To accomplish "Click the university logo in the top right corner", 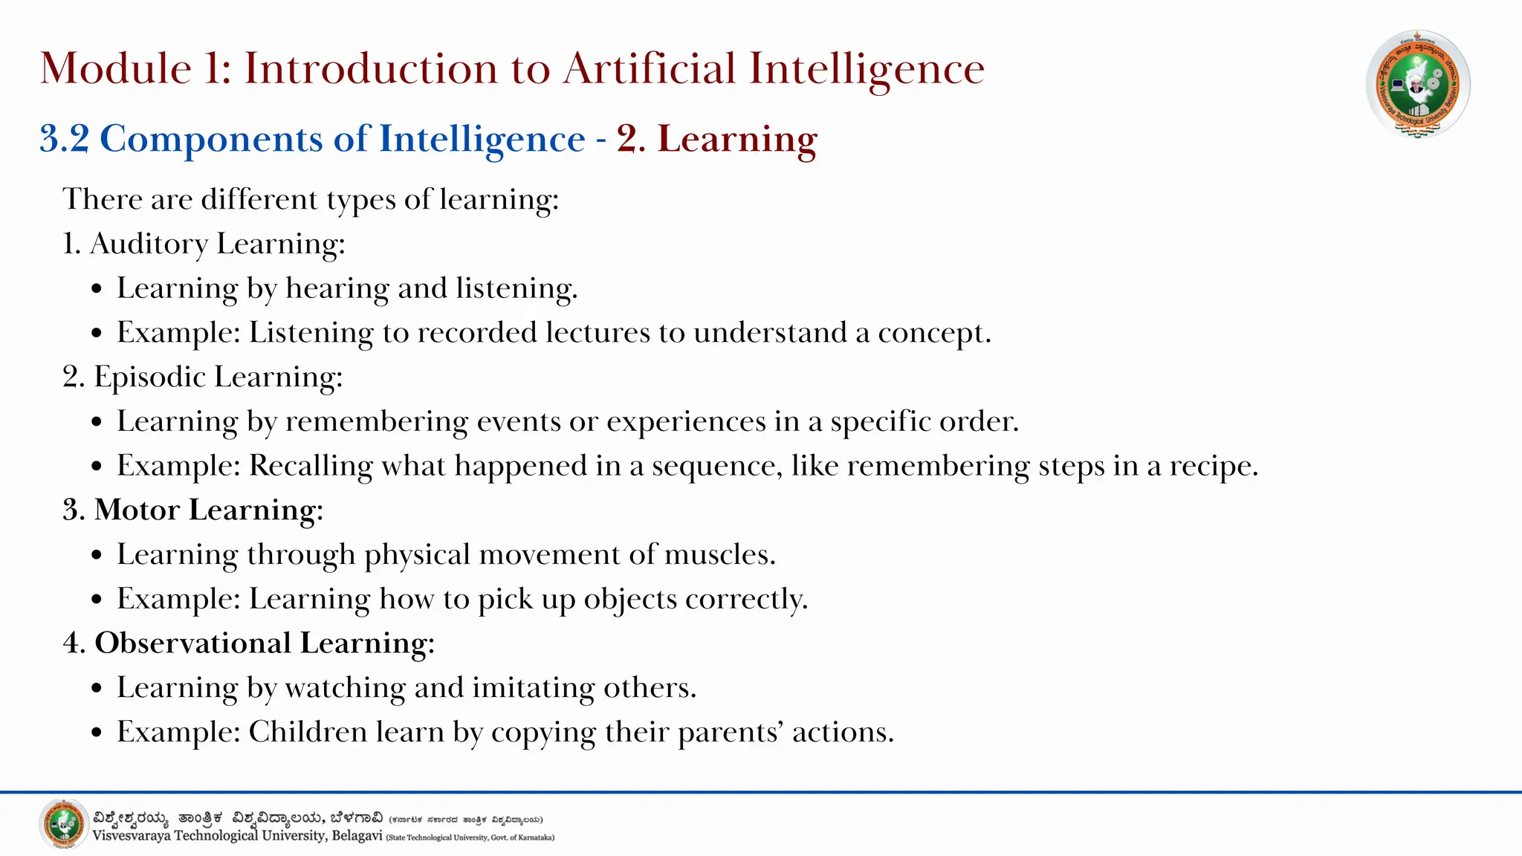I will click(1418, 84).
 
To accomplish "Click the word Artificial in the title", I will click(650, 68).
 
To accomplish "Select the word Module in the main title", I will click(116, 68).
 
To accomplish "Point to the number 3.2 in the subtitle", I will click(64, 139).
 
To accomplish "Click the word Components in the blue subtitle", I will click(232, 140).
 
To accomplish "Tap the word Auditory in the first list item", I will click(149, 244).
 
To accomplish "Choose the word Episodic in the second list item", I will click(149, 377).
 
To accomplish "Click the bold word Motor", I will click(137, 510).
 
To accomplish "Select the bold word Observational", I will click(192, 643).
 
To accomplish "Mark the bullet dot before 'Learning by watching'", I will click(97, 689).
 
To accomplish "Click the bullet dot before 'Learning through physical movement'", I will click(97, 556).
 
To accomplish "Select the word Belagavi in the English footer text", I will click(357, 836).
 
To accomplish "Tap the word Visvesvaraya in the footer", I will click(131, 836).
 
